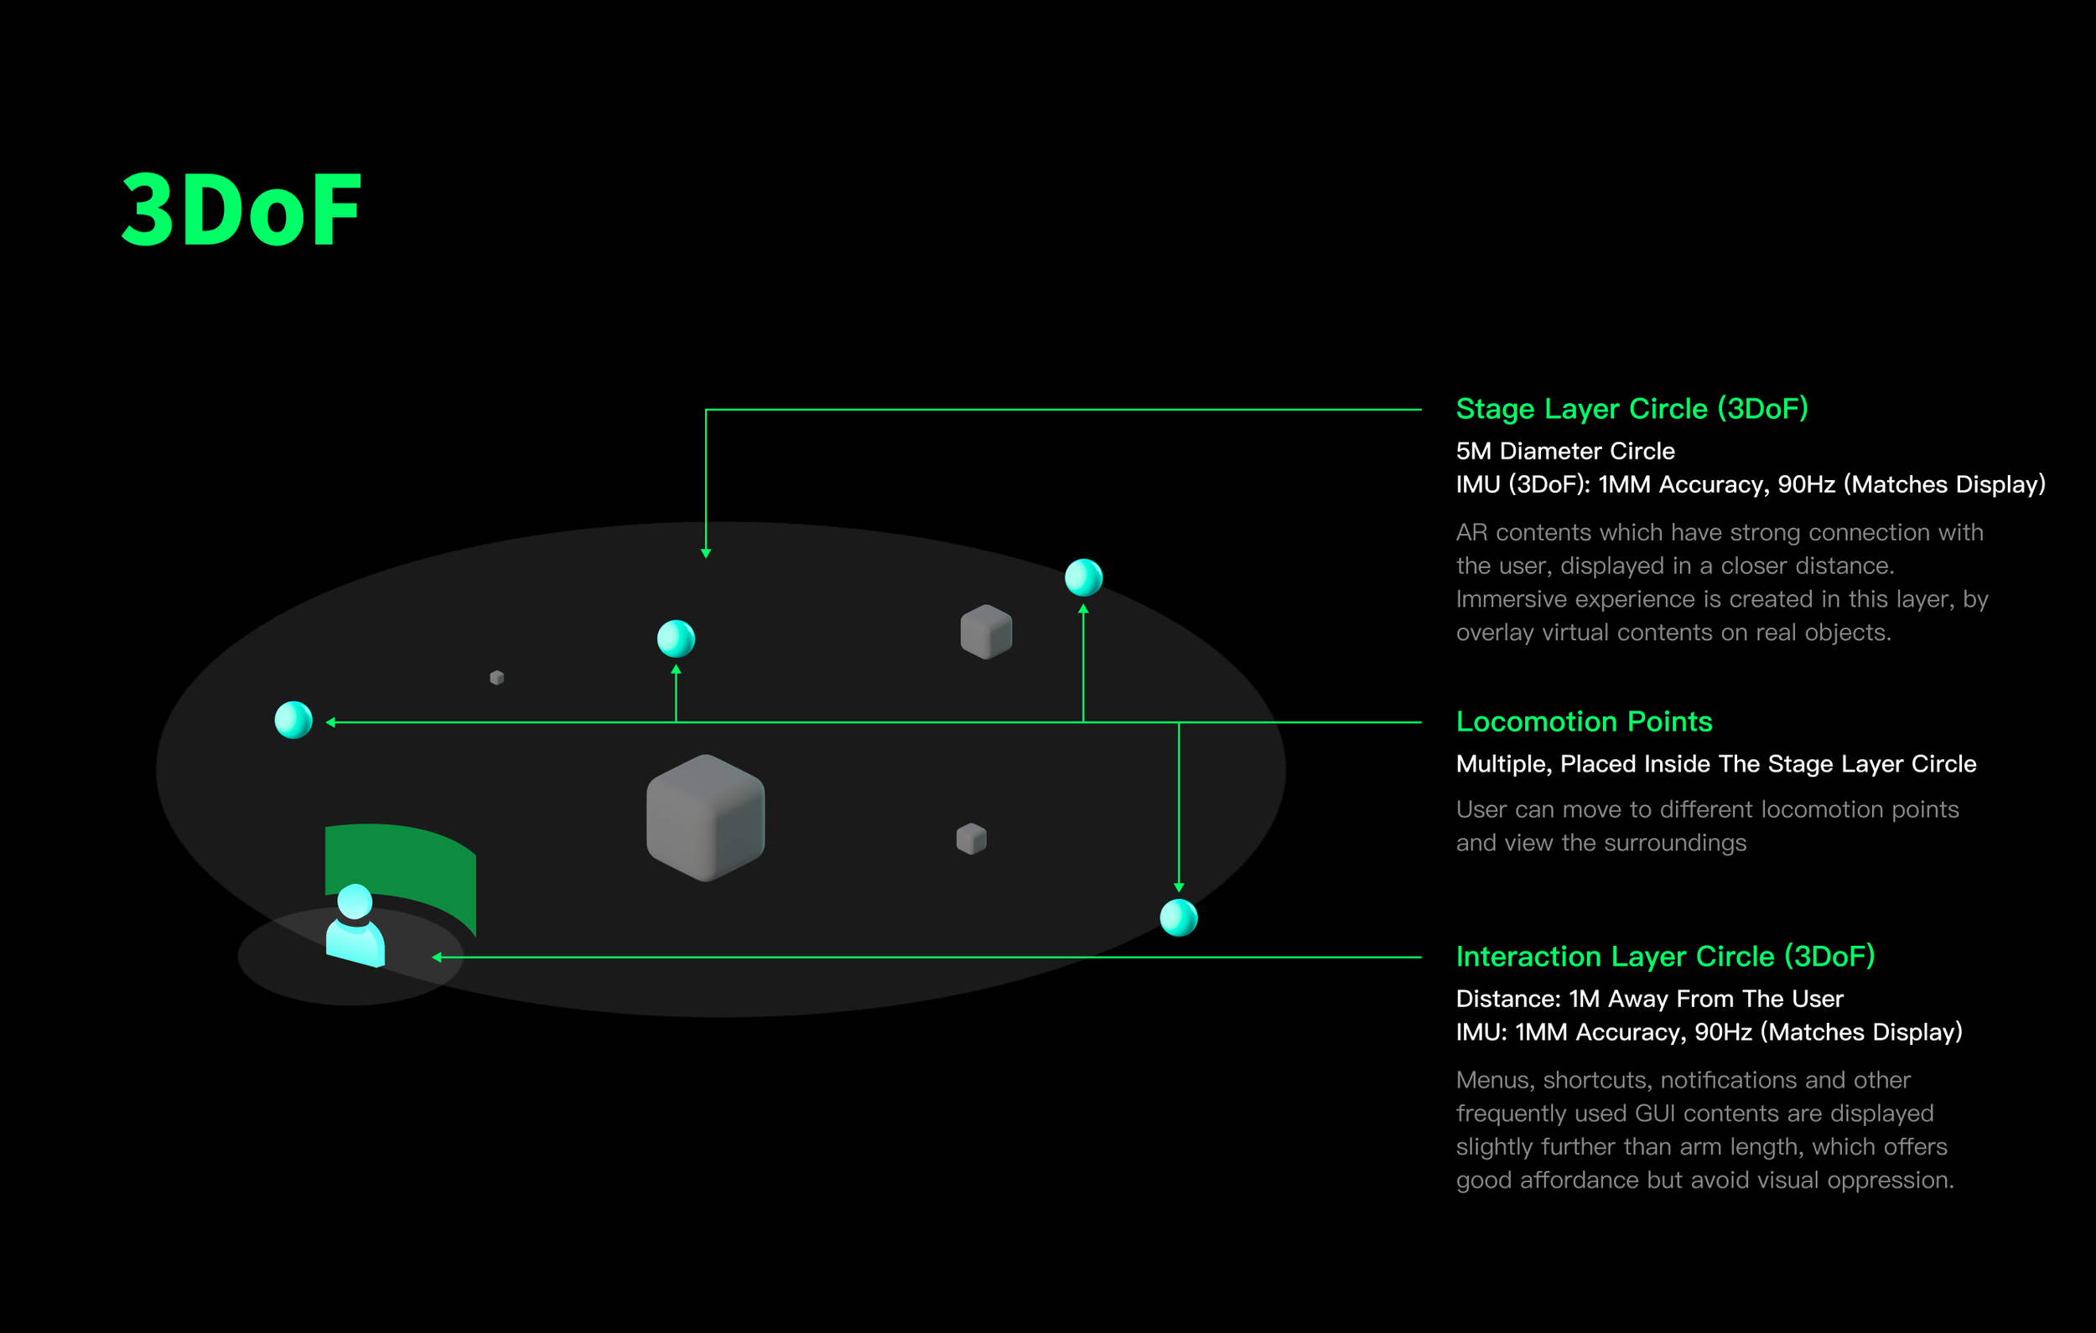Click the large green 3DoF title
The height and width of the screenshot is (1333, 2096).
241,209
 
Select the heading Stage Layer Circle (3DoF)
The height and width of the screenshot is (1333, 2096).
1632,409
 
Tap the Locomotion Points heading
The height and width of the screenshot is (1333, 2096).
1583,721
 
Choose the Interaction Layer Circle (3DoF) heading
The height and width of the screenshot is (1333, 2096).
1664,956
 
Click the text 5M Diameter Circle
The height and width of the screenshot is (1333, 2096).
1565,451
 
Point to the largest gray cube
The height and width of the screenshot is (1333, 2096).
705,817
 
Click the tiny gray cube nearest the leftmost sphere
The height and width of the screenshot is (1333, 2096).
497,677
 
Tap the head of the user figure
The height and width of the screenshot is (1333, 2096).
355,901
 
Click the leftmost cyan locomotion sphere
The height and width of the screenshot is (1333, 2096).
293,720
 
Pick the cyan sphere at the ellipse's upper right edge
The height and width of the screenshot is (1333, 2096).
1084,578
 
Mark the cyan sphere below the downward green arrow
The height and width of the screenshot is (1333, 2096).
1179,917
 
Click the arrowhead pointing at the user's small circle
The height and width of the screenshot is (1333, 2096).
437,957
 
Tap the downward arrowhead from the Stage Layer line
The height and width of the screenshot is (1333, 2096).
706,552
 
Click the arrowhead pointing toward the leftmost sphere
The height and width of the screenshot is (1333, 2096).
331,722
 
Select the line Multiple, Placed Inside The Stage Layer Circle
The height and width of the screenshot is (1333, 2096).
1715,764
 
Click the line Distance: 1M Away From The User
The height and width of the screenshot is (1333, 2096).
1649,999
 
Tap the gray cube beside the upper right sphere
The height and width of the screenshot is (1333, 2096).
986,632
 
